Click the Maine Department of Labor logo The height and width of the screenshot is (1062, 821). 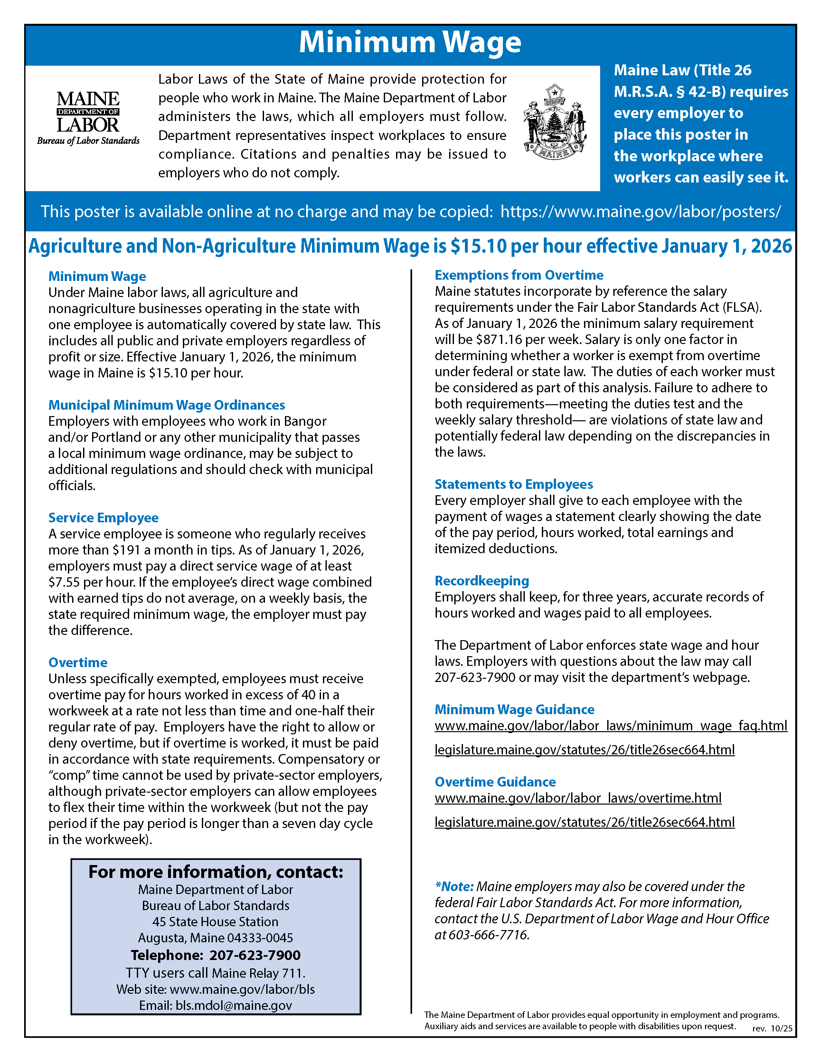88,118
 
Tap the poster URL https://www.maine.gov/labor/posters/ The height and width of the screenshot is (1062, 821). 641,211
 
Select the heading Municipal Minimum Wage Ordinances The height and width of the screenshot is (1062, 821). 166,405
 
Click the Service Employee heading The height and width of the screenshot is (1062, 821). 103,517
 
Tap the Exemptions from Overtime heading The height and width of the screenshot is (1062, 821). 519,275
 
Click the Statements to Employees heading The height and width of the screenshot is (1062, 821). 514,484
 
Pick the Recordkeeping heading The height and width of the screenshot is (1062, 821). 482,581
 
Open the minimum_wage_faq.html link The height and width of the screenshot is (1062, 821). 611,726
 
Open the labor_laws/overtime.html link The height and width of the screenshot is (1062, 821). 578,798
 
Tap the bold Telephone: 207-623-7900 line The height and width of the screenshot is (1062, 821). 215,955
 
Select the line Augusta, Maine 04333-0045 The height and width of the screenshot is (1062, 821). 215,937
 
